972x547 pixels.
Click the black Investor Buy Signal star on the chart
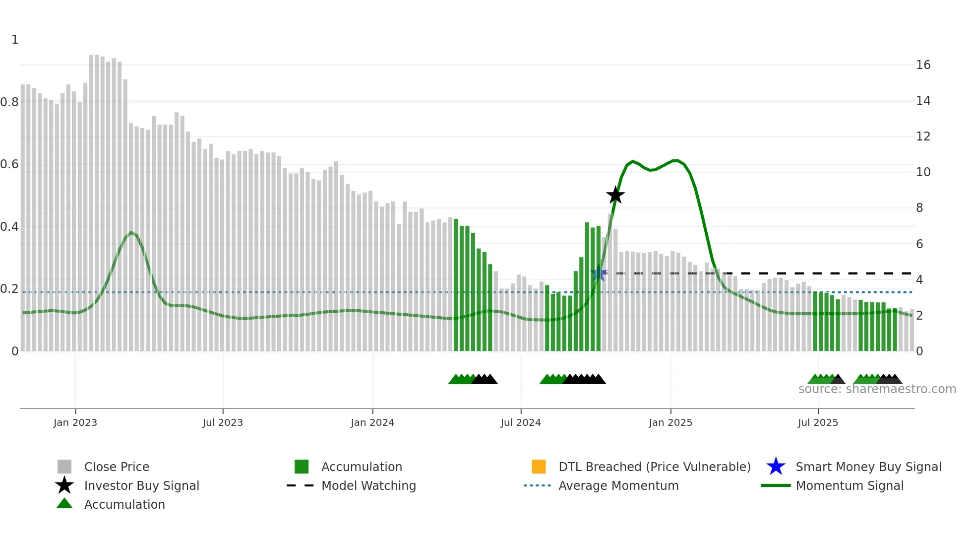click(x=615, y=195)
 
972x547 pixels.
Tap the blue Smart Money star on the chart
click(x=599, y=273)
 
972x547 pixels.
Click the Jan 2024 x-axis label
click(x=372, y=422)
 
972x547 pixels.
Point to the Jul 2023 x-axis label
click(x=223, y=422)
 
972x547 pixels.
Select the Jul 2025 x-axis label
click(x=818, y=422)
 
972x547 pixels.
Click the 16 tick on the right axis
click(x=923, y=65)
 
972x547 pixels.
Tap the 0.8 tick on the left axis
click(x=9, y=102)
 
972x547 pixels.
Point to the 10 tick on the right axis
click(x=923, y=172)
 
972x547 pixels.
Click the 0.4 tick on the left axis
click(x=9, y=227)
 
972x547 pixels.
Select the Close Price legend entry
click(x=117, y=467)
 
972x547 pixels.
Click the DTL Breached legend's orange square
click(x=539, y=467)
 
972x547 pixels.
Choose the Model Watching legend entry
click(x=368, y=485)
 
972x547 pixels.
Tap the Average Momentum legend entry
click(x=618, y=485)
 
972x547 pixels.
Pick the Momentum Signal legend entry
click(x=850, y=485)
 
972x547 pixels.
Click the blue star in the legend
click(x=776, y=467)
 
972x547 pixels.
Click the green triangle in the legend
click(x=64, y=503)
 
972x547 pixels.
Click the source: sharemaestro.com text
click(x=877, y=389)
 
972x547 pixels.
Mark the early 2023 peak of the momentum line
click(x=131, y=232)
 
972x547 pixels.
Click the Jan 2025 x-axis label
click(x=670, y=422)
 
